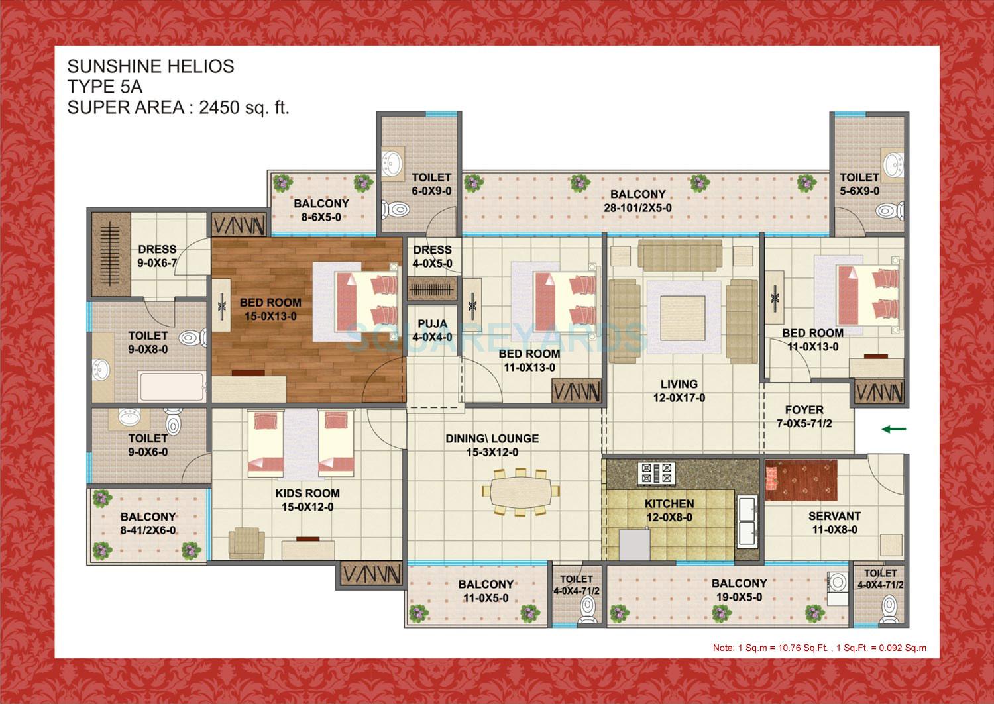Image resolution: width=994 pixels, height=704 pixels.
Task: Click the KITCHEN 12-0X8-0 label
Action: click(669, 511)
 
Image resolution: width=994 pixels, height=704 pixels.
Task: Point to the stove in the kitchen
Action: click(655, 473)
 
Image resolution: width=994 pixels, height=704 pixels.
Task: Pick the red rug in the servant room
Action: click(801, 480)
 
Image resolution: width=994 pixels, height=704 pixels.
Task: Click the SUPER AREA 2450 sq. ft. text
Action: click(178, 107)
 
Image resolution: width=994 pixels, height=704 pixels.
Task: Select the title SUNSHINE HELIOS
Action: click(150, 66)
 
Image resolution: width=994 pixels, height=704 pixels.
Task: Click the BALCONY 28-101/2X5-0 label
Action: click(637, 201)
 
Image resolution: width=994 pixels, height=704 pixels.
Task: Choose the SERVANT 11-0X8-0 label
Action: click(834, 523)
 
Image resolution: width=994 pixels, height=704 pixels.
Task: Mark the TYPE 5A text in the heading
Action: click(105, 87)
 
